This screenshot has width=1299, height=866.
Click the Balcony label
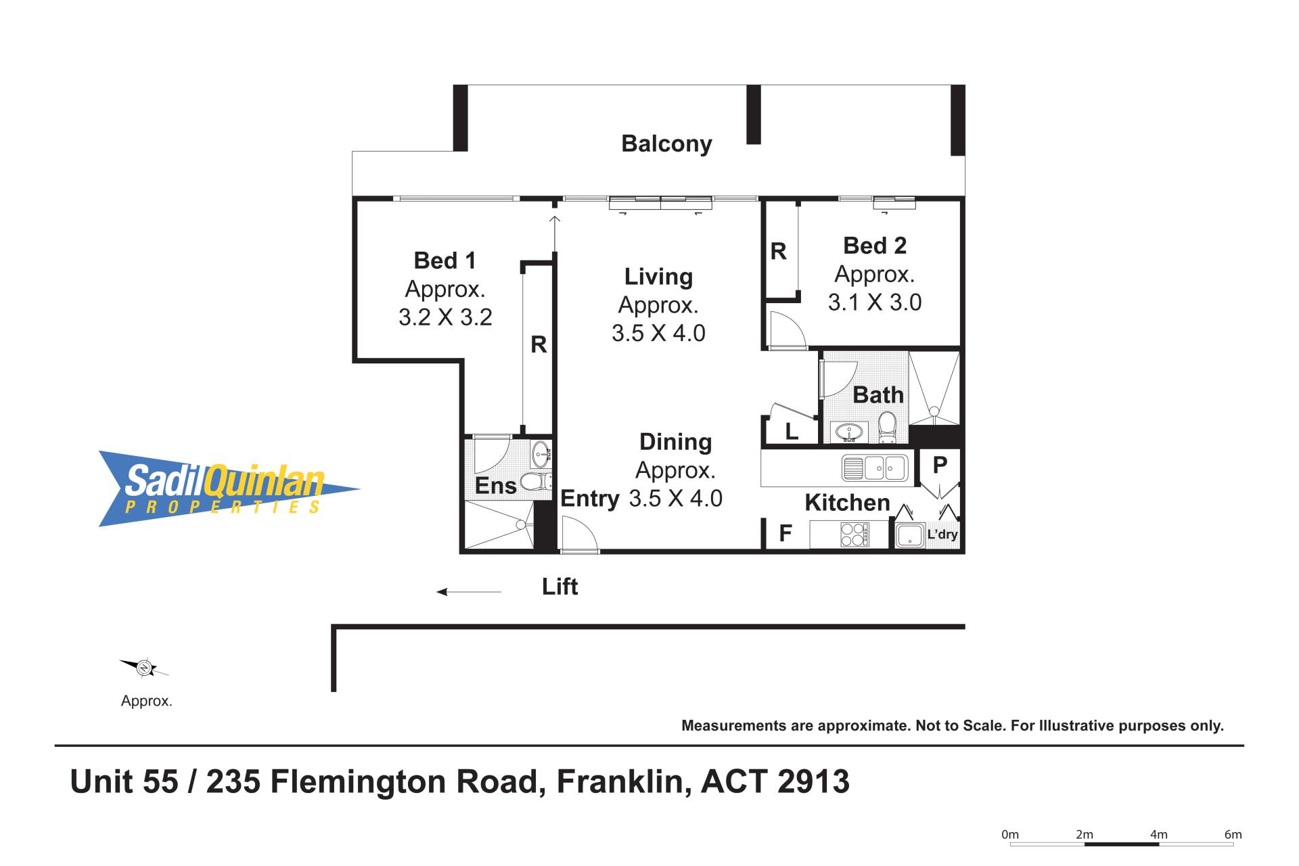[x=666, y=144]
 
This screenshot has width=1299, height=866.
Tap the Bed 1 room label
[x=445, y=260]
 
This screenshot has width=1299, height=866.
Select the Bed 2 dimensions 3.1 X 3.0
[x=875, y=302]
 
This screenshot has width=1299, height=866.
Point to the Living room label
[x=658, y=277]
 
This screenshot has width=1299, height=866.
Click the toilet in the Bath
[x=887, y=428]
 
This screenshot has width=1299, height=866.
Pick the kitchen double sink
[x=874, y=468]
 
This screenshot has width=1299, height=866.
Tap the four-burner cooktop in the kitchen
[x=854, y=534]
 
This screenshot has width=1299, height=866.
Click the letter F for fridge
[x=785, y=534]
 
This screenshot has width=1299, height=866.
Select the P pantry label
[x=940, y=465]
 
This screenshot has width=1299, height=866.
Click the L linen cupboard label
[x=791, y=431]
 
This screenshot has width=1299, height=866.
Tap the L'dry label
[x=942, y=534]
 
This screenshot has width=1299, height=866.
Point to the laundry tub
[x=910, y=535]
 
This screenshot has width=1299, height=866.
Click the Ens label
[x=495, y=486]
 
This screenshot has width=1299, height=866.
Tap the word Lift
[x=560, y=587]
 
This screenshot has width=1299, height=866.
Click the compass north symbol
[x=144, y=668]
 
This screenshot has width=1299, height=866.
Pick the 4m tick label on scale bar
[x=1159, y=834]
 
